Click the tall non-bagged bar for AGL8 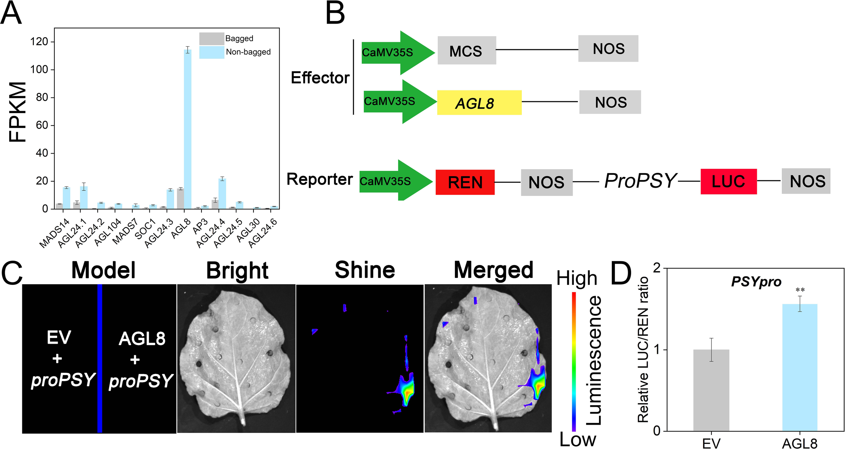pyautogui.click(x=188, y=128)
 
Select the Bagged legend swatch pyautogui.click(x=212, y=38)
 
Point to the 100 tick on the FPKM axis pyautogui.click(x=39, y=70)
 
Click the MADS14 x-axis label pyautogui.click(x=54, y=233)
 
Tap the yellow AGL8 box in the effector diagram pyautogui.click(x=479, y=103)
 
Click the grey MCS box pyautogui.click(x=466, y=50)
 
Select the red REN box pyautogui.click(x=465, y=182)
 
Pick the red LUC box pyautogui.click(x=728, y=181)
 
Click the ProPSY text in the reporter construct pyautogui.click(x=640, y=181)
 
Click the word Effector pyautogui.click(x=320, y=78)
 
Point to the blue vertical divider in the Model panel pyautogui.click(x=100, y=358)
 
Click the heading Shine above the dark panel pyautogui.click(x=365, y=270)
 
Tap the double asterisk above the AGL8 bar pyautogui.click(x=800, y=290)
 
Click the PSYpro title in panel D pyautogui.click(x=756, y=282)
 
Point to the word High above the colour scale pyautogui.click(x=577, y=279)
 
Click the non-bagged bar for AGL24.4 pyautogui.click(x=222, y=194)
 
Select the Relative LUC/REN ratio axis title pyautogui.click(x=643, y=349)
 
